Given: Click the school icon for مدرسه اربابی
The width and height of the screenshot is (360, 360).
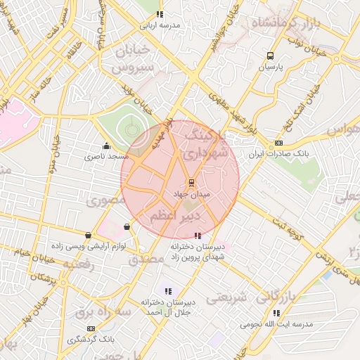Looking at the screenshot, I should tap(160, 13).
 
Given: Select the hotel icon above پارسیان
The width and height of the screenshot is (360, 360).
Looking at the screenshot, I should tap(270, 56).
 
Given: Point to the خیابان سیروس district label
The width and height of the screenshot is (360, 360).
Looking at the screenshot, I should tap(134, 60).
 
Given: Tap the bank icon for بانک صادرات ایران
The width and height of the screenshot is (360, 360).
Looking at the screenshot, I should tap(279, 143).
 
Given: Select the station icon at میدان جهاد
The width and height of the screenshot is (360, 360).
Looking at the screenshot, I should tap(191, 182).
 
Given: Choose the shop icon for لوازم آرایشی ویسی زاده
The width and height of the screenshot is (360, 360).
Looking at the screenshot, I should tap(88, 236).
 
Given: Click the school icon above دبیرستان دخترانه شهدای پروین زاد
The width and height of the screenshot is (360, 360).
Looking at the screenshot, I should tap(198, 236).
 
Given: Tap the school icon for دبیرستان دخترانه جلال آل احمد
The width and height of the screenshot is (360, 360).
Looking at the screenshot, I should tap(167, 290).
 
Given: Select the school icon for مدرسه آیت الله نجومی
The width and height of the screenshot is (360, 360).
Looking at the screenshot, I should tap(276, 313).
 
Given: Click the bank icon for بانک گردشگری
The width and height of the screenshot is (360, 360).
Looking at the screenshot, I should tap(90, 328).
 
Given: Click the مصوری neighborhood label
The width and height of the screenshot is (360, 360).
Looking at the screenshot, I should tap(105, 201).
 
